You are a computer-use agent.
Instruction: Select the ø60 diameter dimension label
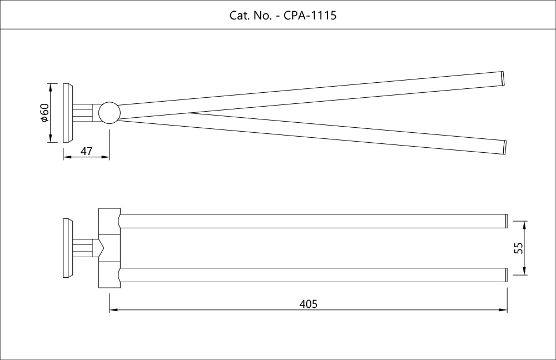point(44,113)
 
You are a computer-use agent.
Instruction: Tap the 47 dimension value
point(86,151)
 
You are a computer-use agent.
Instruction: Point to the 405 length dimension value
point(308,304)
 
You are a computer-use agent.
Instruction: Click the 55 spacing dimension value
point(519,248)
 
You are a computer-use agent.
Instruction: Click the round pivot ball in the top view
point(109,112)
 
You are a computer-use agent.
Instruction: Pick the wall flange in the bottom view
point(68,248)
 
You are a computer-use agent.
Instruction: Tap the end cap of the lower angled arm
point(505,147)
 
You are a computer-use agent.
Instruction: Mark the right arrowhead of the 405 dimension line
point(504,310)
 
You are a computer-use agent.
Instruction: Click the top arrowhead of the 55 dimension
point(524,223)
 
